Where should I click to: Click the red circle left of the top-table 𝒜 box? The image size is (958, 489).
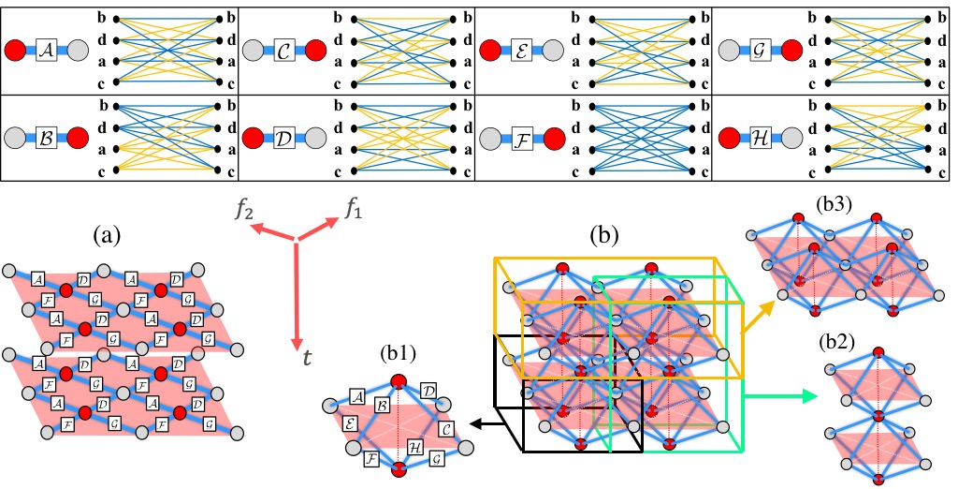point(19,50)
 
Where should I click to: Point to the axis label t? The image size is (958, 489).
point(306,356)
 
